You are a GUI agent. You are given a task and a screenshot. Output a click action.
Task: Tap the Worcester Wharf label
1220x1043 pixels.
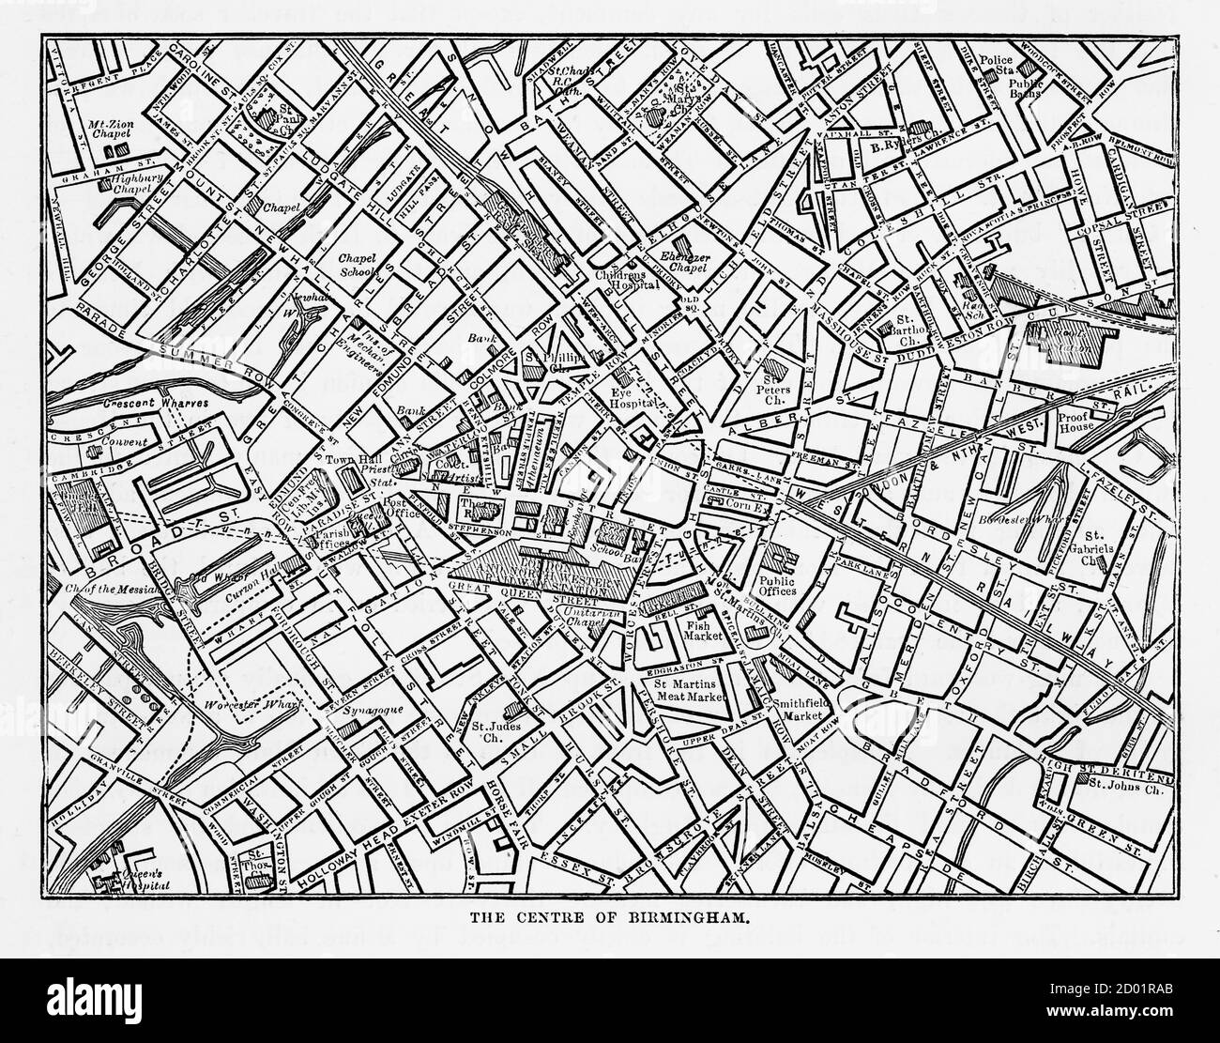(237, 702)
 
